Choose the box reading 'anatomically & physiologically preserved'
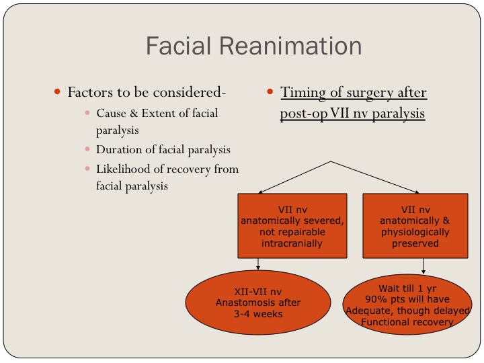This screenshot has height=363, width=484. [x=415, y=226]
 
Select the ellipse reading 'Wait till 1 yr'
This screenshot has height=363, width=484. [x=407, y=303]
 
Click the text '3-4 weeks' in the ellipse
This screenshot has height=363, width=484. [x=258, y=313]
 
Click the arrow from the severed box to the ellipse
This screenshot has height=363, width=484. [x=259, y=265]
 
